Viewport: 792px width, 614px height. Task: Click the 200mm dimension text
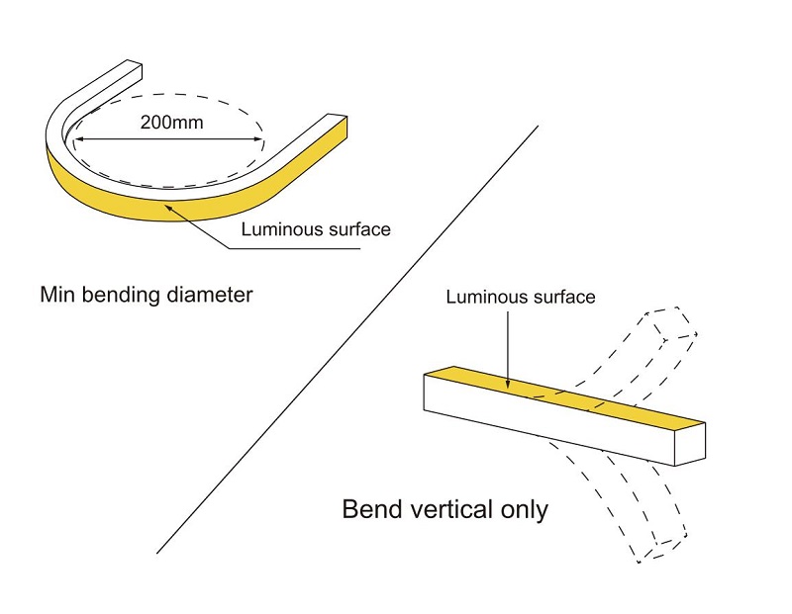tap(168, 126)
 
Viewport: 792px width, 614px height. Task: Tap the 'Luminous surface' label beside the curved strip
tap(317, 229)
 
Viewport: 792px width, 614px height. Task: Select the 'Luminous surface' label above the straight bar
tap(521, 297)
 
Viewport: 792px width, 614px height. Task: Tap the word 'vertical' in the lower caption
tap(448, 510)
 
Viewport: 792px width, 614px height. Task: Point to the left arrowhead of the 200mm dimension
tap(77, 140)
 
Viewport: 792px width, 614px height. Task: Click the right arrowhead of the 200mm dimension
tap(260, 140)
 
